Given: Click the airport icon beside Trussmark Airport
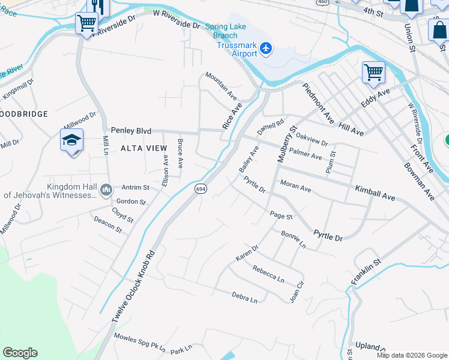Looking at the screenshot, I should pos(266,48).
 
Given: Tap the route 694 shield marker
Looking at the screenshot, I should pos(200,188).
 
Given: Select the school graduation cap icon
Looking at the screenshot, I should pos(71,140).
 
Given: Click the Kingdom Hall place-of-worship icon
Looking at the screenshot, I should pos(106,190).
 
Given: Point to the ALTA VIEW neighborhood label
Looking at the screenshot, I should pos(143,148).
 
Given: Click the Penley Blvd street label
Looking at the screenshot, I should pos(131,130).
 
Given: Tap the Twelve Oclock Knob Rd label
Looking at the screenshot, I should pos(133,285).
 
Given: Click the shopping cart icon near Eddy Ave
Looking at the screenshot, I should pos(373,73).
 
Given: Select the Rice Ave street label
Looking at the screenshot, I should pos(232,115).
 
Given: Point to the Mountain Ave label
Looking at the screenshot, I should pos(221,85).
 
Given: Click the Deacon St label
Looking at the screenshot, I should pos(108,225).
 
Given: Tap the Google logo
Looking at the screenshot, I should pos(20,352).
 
